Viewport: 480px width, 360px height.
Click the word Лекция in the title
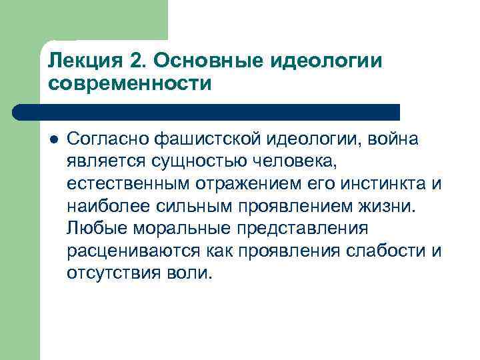point(81,61)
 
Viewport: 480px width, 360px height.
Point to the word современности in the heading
point(130,85)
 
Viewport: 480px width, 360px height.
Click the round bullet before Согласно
point(53,139)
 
